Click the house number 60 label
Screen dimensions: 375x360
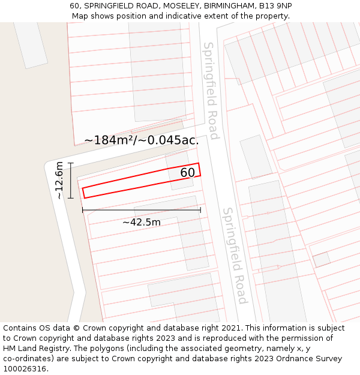coord(188,173)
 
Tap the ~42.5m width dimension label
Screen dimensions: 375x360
coord(142,223)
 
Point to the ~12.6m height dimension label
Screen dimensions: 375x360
coord(59,181)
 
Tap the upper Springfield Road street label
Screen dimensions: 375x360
coord(210,90)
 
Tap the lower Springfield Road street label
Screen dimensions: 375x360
coord(235,256)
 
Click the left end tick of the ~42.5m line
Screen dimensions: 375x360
coord(83,210)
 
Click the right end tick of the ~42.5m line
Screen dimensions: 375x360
coord(200,210)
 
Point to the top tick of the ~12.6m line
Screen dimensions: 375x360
coord(71,163)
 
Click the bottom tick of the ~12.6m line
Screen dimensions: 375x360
coord(71,198)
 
